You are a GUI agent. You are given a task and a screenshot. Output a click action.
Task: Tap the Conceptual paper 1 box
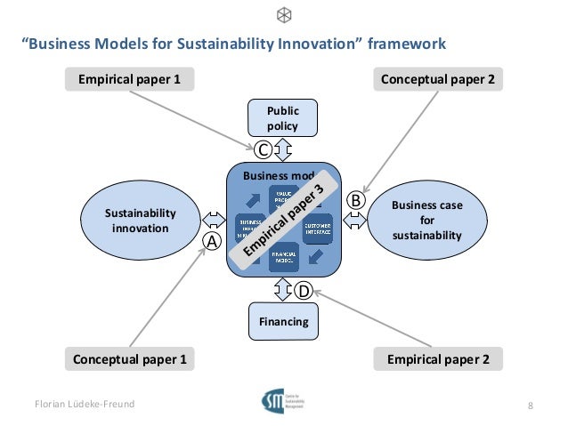click(x=130, y=359)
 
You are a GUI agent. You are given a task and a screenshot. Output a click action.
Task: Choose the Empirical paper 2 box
click(x=438, y=359)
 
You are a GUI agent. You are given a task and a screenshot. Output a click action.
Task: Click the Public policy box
click(x=283, y=118)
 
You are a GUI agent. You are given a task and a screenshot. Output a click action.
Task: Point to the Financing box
click(x=283, y=321)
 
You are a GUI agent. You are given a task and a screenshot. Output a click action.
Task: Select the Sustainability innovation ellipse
click(x=140, y=221)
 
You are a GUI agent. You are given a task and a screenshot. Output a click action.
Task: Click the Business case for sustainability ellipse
click(x=426, y=221)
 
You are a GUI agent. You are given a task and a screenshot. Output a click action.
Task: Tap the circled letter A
click(x=212, y=241)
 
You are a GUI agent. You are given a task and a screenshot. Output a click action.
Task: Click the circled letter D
click(x=303, y=290)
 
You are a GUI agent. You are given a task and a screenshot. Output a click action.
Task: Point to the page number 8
click(x=531, y=406)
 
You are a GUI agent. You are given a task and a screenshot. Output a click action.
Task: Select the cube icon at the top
click(x=284, y=15)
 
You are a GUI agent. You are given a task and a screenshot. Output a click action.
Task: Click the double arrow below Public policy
click(x=283, y=149)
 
